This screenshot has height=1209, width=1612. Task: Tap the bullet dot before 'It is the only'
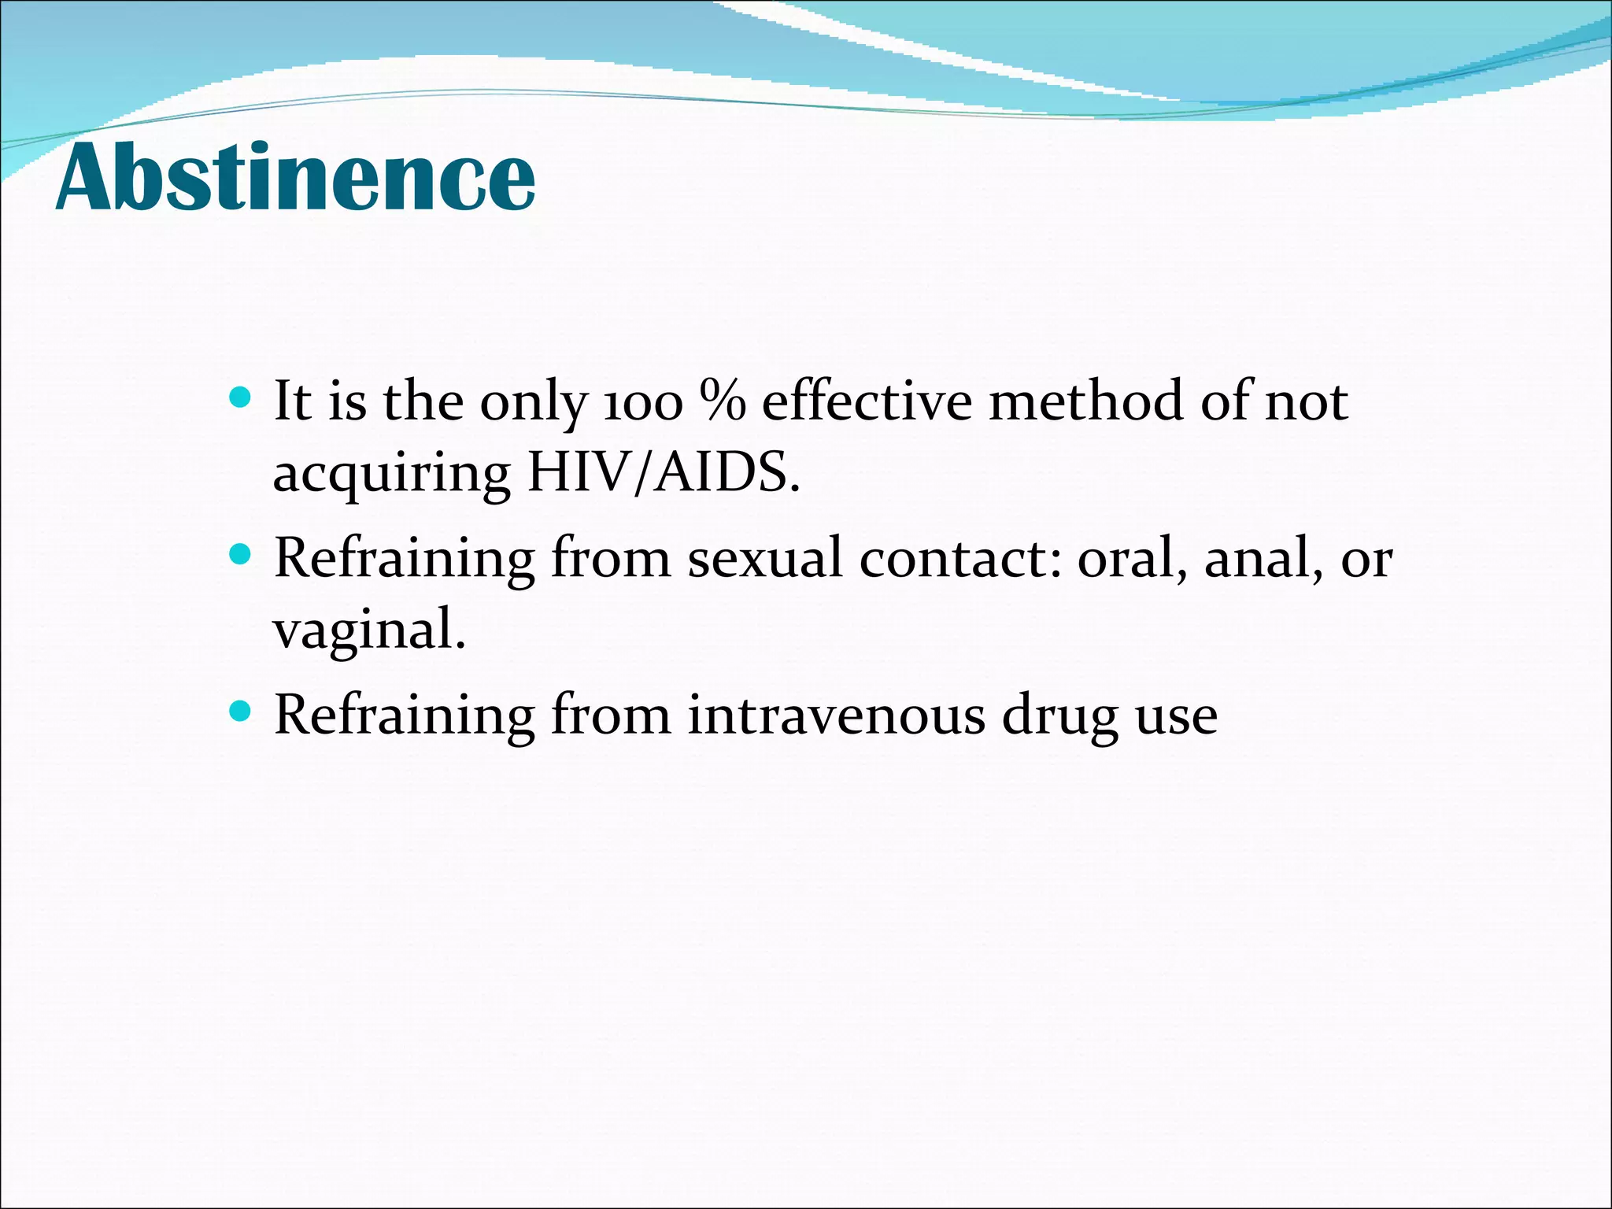pos(240,396)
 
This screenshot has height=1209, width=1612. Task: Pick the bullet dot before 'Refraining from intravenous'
pos(240,712)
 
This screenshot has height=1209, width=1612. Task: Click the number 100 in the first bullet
pos(642,403)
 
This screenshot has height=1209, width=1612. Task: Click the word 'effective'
pos(867,401)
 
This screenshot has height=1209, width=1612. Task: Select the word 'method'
pos(1085,401)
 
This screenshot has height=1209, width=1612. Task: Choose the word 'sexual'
pos(763,559)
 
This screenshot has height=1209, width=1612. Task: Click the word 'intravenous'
pos(835,715)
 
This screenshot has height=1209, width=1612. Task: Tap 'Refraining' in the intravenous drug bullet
pos(404,715)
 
